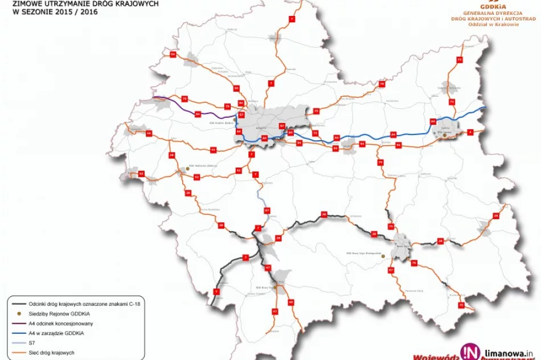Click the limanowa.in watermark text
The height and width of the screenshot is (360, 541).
tap(507, 354)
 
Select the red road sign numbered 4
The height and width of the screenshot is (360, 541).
tap(470, 132)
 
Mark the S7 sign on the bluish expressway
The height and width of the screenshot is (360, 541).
tap(267, 211)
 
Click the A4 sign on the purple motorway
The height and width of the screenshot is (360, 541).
tap(198, 114)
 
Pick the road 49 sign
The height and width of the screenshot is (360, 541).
tap(290, 301)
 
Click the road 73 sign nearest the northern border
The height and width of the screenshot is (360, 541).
tap(460, 60)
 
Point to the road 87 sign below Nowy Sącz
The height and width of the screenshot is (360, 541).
tap(391, 269)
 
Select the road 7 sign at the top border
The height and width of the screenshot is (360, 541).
tap(292, 19)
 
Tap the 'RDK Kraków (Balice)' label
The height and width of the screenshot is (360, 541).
tap(222, 122)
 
